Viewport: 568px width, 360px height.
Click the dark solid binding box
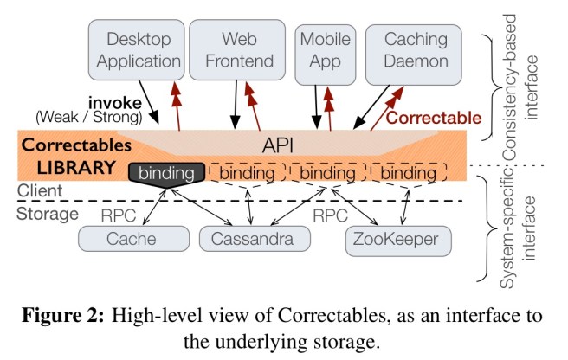point(167,173)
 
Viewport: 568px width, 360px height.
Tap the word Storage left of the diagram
point(42,212)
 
